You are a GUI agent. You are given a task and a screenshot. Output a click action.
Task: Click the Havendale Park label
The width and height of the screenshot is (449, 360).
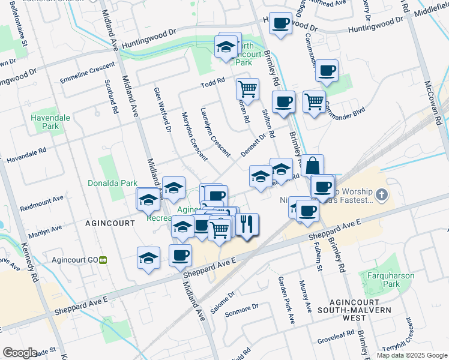[46, 122]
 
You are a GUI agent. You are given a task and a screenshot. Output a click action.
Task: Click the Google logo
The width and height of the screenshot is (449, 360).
[20, 353]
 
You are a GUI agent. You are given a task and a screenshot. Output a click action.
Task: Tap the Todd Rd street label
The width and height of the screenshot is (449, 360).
[212, 80]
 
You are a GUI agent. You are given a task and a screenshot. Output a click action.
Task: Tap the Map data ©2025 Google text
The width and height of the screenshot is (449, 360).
[411, 355]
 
